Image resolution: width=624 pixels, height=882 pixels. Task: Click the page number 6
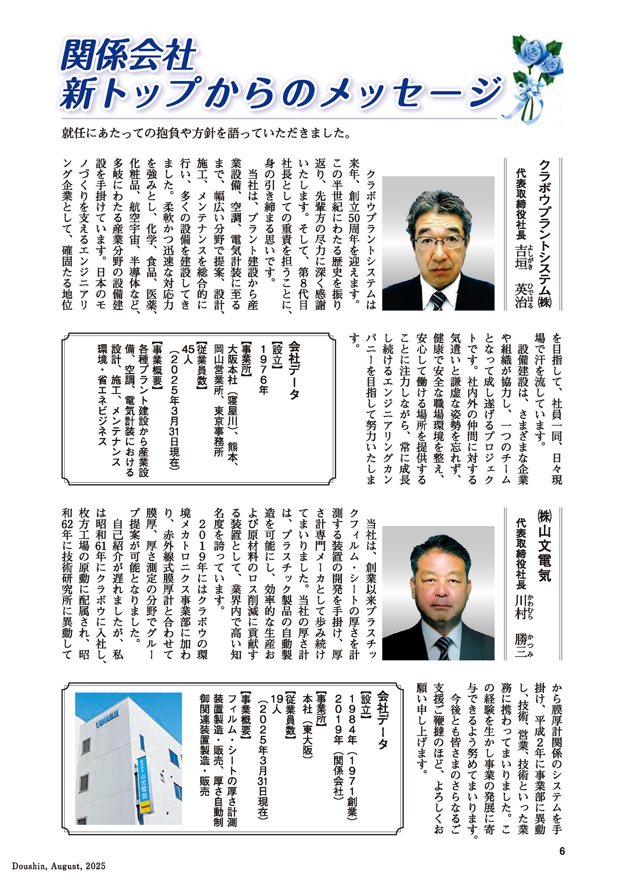562,851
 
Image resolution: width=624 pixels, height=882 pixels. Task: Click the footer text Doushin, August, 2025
59,866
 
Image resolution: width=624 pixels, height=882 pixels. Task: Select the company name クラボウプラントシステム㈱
544,234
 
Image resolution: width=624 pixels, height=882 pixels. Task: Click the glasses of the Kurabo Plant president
439,241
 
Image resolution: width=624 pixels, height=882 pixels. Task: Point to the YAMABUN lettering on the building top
107,719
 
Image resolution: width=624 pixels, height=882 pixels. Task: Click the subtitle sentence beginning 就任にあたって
206,133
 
